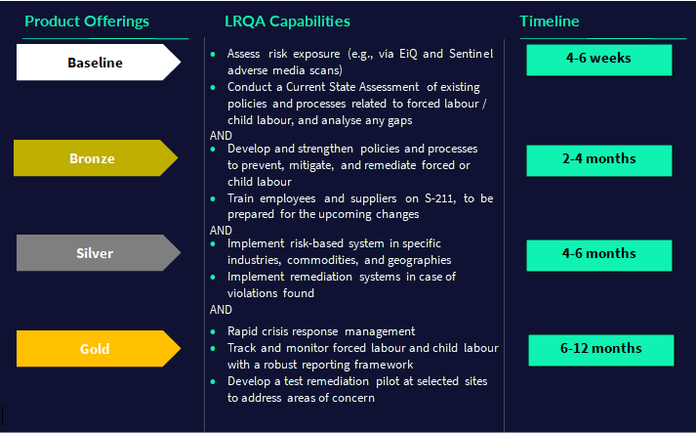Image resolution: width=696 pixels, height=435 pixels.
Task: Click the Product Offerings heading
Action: click(86, 22)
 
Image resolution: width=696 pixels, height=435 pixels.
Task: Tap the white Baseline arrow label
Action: click(96, 63)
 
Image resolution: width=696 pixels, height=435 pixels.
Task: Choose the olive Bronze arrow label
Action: click(93, 158)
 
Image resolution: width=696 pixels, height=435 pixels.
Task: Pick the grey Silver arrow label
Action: click(95, 253)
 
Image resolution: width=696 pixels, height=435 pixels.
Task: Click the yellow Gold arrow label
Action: click(95, 349)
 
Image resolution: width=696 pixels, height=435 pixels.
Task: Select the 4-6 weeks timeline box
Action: click(598, 59)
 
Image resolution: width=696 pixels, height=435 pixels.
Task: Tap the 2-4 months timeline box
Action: click(599, 159)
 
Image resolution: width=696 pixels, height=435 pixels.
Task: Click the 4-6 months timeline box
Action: click(599, 254)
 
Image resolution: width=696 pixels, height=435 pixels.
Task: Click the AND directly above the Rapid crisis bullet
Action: click(221, 309)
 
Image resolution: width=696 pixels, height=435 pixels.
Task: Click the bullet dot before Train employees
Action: click(213, 198)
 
